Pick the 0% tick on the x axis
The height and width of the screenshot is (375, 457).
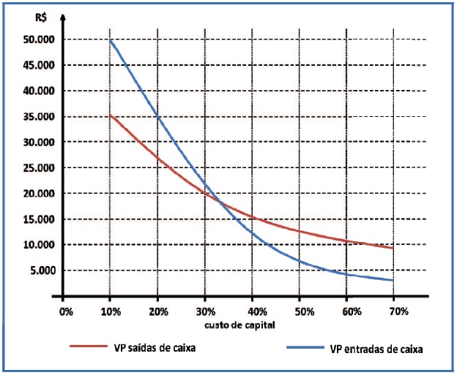coord(66,311)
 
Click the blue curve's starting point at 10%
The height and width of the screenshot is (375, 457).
coord(111,40)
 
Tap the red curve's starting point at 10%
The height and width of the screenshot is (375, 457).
coord(111,115)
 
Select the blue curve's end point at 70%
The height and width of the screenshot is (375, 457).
coord(393,280)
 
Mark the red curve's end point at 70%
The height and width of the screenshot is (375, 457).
coord(393,248)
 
